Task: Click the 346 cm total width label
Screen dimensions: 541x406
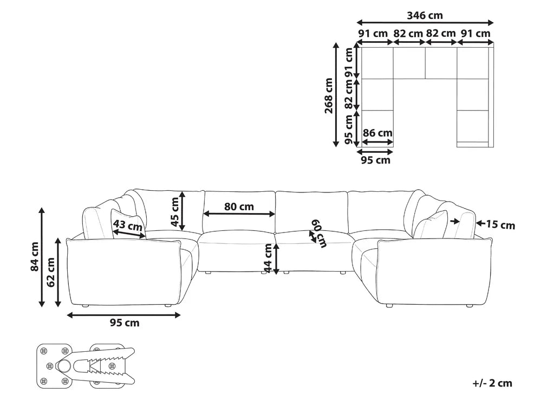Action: pyautogui.click(x=425, y=16)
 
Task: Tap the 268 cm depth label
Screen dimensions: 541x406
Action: pyautogui.click(x=329, y=95)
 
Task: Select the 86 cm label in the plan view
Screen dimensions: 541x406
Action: pyautogui.click(x=377, y=133)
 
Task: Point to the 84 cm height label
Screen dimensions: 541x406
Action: pyautogui.click(x=35, y=256)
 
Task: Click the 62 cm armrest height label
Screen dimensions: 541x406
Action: pyautogui.click(x=51, y=272)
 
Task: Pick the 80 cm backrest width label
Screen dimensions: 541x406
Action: pyautogui.click(x=239, y=207)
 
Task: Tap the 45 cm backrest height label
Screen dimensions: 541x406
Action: pyautogui.click(x=175, y=211)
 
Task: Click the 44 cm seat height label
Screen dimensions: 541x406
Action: pyautogui.click(x=268, y=258)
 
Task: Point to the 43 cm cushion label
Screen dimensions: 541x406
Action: pyautogui.click(x=128, y=226)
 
